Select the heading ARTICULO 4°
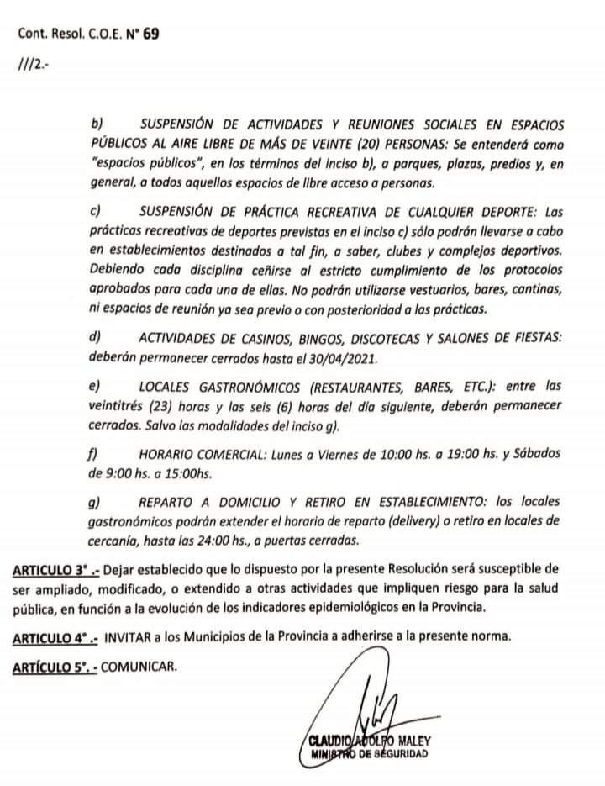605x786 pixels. click(x=55, y=638)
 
